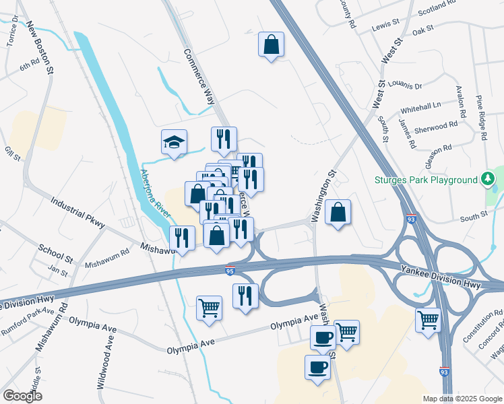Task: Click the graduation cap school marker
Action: pyautogui.click(x=174, y=143)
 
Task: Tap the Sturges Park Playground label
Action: pyautogui.click(x=427, y=180)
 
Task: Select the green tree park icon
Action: pyautogui.click(x=487, y=179)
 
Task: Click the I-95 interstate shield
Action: pyautogui.click(x=230, y=271)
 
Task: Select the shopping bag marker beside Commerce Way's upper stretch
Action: pyautogui.click(x=270, y=45)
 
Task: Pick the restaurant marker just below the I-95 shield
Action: pyautogui.click(x=245, y=296)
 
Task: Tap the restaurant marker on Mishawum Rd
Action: pyautogui.click(x=182, y=238)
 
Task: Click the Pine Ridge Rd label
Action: pyautogui.click(x=481, y=118)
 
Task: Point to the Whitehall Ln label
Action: pyautogui.click(x=420, y=106)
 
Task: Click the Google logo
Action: pyautogui.click(x=22, y=396)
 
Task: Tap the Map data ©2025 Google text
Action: pyautogui.click(x=462, y=399)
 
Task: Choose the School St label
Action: pyautogui.click(x=55, y=253)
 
